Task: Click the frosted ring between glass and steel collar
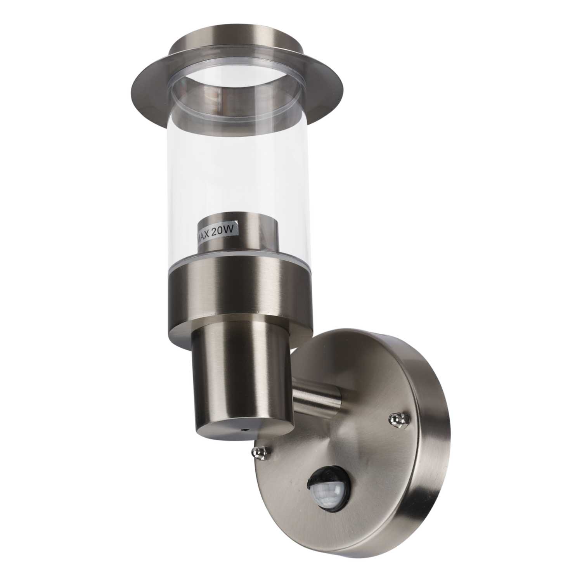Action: tap(233, 259)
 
